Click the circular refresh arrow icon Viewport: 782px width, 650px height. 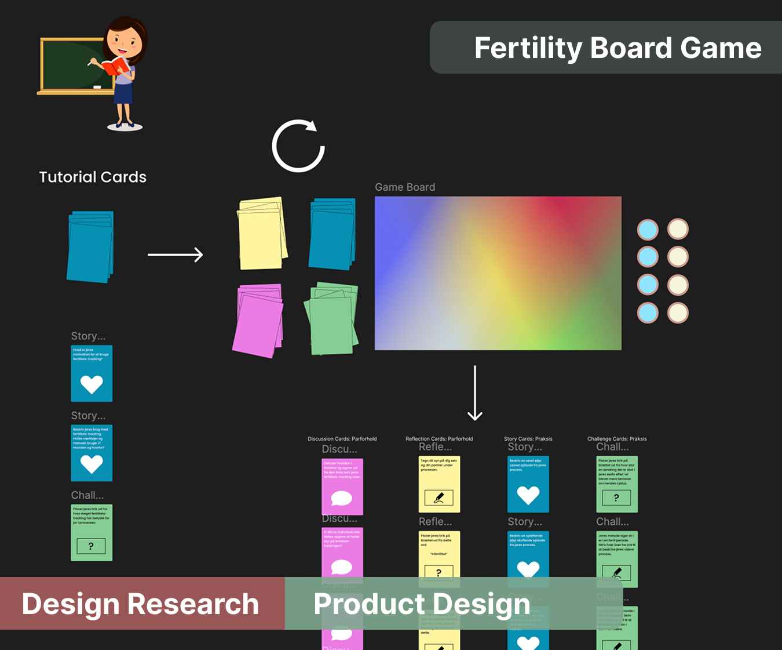click(x=298, y=146)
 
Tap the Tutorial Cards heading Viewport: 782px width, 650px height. click(x=93, y=177)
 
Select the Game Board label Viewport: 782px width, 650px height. click(x=405, y=187)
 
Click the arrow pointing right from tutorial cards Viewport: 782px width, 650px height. click(x=175, y=255)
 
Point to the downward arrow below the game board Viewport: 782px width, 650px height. click(x=475, y=393)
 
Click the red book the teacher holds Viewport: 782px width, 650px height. click(x=115, y=66)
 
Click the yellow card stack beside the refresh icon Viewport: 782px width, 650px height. click(x=262, y=234)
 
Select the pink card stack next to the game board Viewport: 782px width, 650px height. click(x=258, y=321)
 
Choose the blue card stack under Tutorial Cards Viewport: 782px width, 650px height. click(x=90, y=247)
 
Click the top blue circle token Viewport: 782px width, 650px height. click(x=648, y=230)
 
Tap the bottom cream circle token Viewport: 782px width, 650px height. click(x=678, y=313)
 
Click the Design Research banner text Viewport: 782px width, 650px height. click(x=140, y=604)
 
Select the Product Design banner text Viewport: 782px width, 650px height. click(x=422, y=604)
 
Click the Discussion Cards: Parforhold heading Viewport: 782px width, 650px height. click(x=342, y=439)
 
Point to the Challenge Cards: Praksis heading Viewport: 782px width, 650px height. click(x=617, y=439)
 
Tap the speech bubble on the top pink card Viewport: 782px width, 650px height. click(x=342, y=498)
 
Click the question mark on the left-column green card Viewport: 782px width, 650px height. click(x=91, y=546)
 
